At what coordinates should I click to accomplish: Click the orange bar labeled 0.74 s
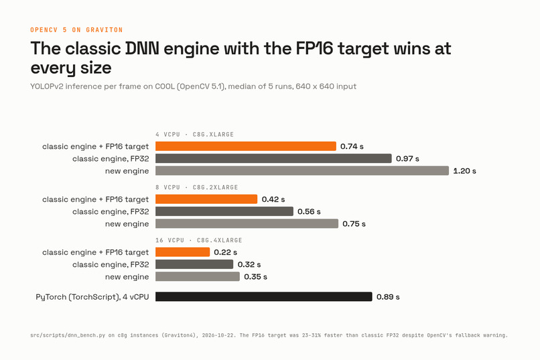[246, 146]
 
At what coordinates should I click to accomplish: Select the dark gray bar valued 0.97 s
[273, 158]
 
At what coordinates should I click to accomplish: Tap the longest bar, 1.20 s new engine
[302, 171]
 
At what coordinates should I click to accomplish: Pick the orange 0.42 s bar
[206, 199]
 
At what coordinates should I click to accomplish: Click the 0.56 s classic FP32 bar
[224, 212]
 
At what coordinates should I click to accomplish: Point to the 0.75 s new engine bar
[247, 224]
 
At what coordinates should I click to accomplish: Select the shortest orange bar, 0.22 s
[182, 252]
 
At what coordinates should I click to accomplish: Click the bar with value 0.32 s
[194, 264]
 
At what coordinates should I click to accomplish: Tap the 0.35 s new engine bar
[198, 277]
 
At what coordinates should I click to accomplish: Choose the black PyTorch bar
[264, 296]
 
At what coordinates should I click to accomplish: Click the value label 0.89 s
[388, 297]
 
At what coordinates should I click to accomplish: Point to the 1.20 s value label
[464, 171]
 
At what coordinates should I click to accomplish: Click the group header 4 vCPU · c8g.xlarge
[194, 134]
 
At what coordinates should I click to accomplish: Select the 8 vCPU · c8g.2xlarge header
[197, 188]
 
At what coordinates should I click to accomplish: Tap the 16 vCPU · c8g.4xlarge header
[199, 240]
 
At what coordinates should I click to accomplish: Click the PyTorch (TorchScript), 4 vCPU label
[92, 297]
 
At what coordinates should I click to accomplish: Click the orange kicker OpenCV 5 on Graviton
[76, 30]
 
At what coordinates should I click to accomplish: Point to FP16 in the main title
[314, 48]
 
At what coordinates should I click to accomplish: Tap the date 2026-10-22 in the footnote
[219, 335]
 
